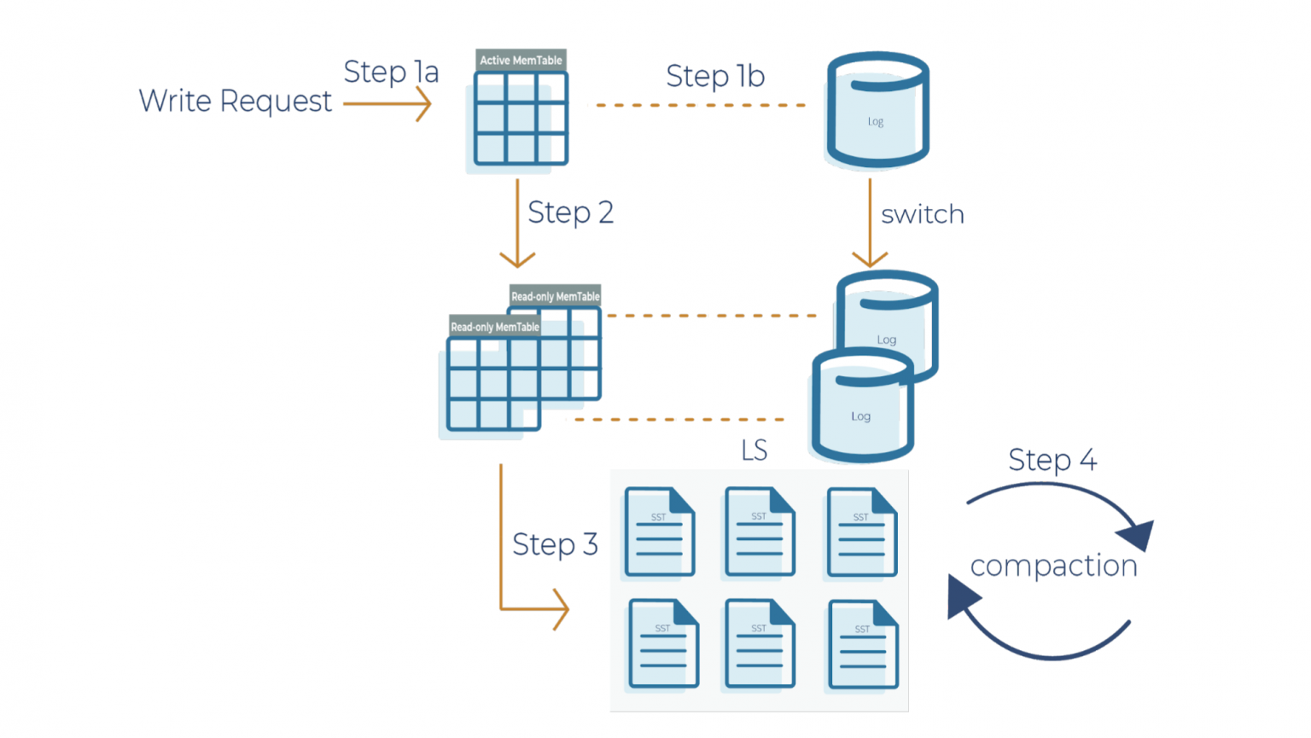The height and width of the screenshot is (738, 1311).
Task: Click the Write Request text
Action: [235, 102]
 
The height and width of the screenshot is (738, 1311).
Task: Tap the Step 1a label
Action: [391, 72]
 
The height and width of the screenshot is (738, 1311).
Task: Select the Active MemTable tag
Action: [521, 60]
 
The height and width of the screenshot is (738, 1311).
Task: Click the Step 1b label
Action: [715, 76]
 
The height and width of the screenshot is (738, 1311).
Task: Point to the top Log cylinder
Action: [877, 111]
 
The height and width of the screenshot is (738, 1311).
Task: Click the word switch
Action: [922, 214]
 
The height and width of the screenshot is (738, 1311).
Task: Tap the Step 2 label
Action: [570, 212]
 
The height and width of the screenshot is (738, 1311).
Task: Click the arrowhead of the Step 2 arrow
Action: [517, 259]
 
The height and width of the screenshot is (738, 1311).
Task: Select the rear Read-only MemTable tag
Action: [556, 296]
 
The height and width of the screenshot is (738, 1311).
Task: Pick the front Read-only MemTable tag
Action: [494, 327]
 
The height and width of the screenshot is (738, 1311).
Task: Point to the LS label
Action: [754, 450]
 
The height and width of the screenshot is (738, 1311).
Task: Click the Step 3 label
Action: [555, 544]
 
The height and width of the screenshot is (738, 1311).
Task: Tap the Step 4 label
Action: [1052, 460]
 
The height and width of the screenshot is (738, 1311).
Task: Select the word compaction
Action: [1053, 566]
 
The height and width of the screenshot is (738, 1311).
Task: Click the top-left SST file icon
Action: [659, 532]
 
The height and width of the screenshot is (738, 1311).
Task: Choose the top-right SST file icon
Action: [862, 532]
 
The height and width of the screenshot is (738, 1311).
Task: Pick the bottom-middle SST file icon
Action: [760, 643]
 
